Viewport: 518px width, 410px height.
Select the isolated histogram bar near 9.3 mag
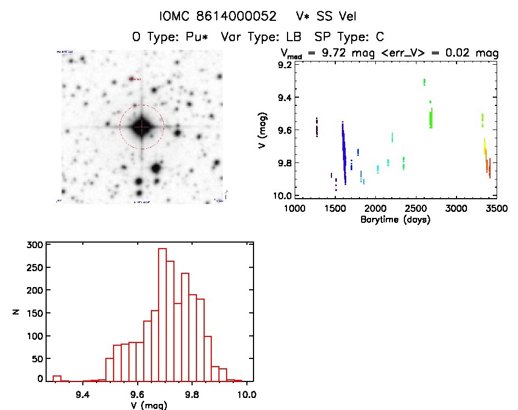pyautogui.click(x=57, y=378)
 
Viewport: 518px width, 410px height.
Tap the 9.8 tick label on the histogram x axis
pyautogui.click(x=193, y=394)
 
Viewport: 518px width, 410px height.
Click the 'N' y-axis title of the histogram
pyautogui.click(x=16, y=312)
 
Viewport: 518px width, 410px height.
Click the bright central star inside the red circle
pyautogui.click(x=142, y=127)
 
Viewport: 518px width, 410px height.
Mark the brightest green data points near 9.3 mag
pyautogui.click(x=424, y=82)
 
